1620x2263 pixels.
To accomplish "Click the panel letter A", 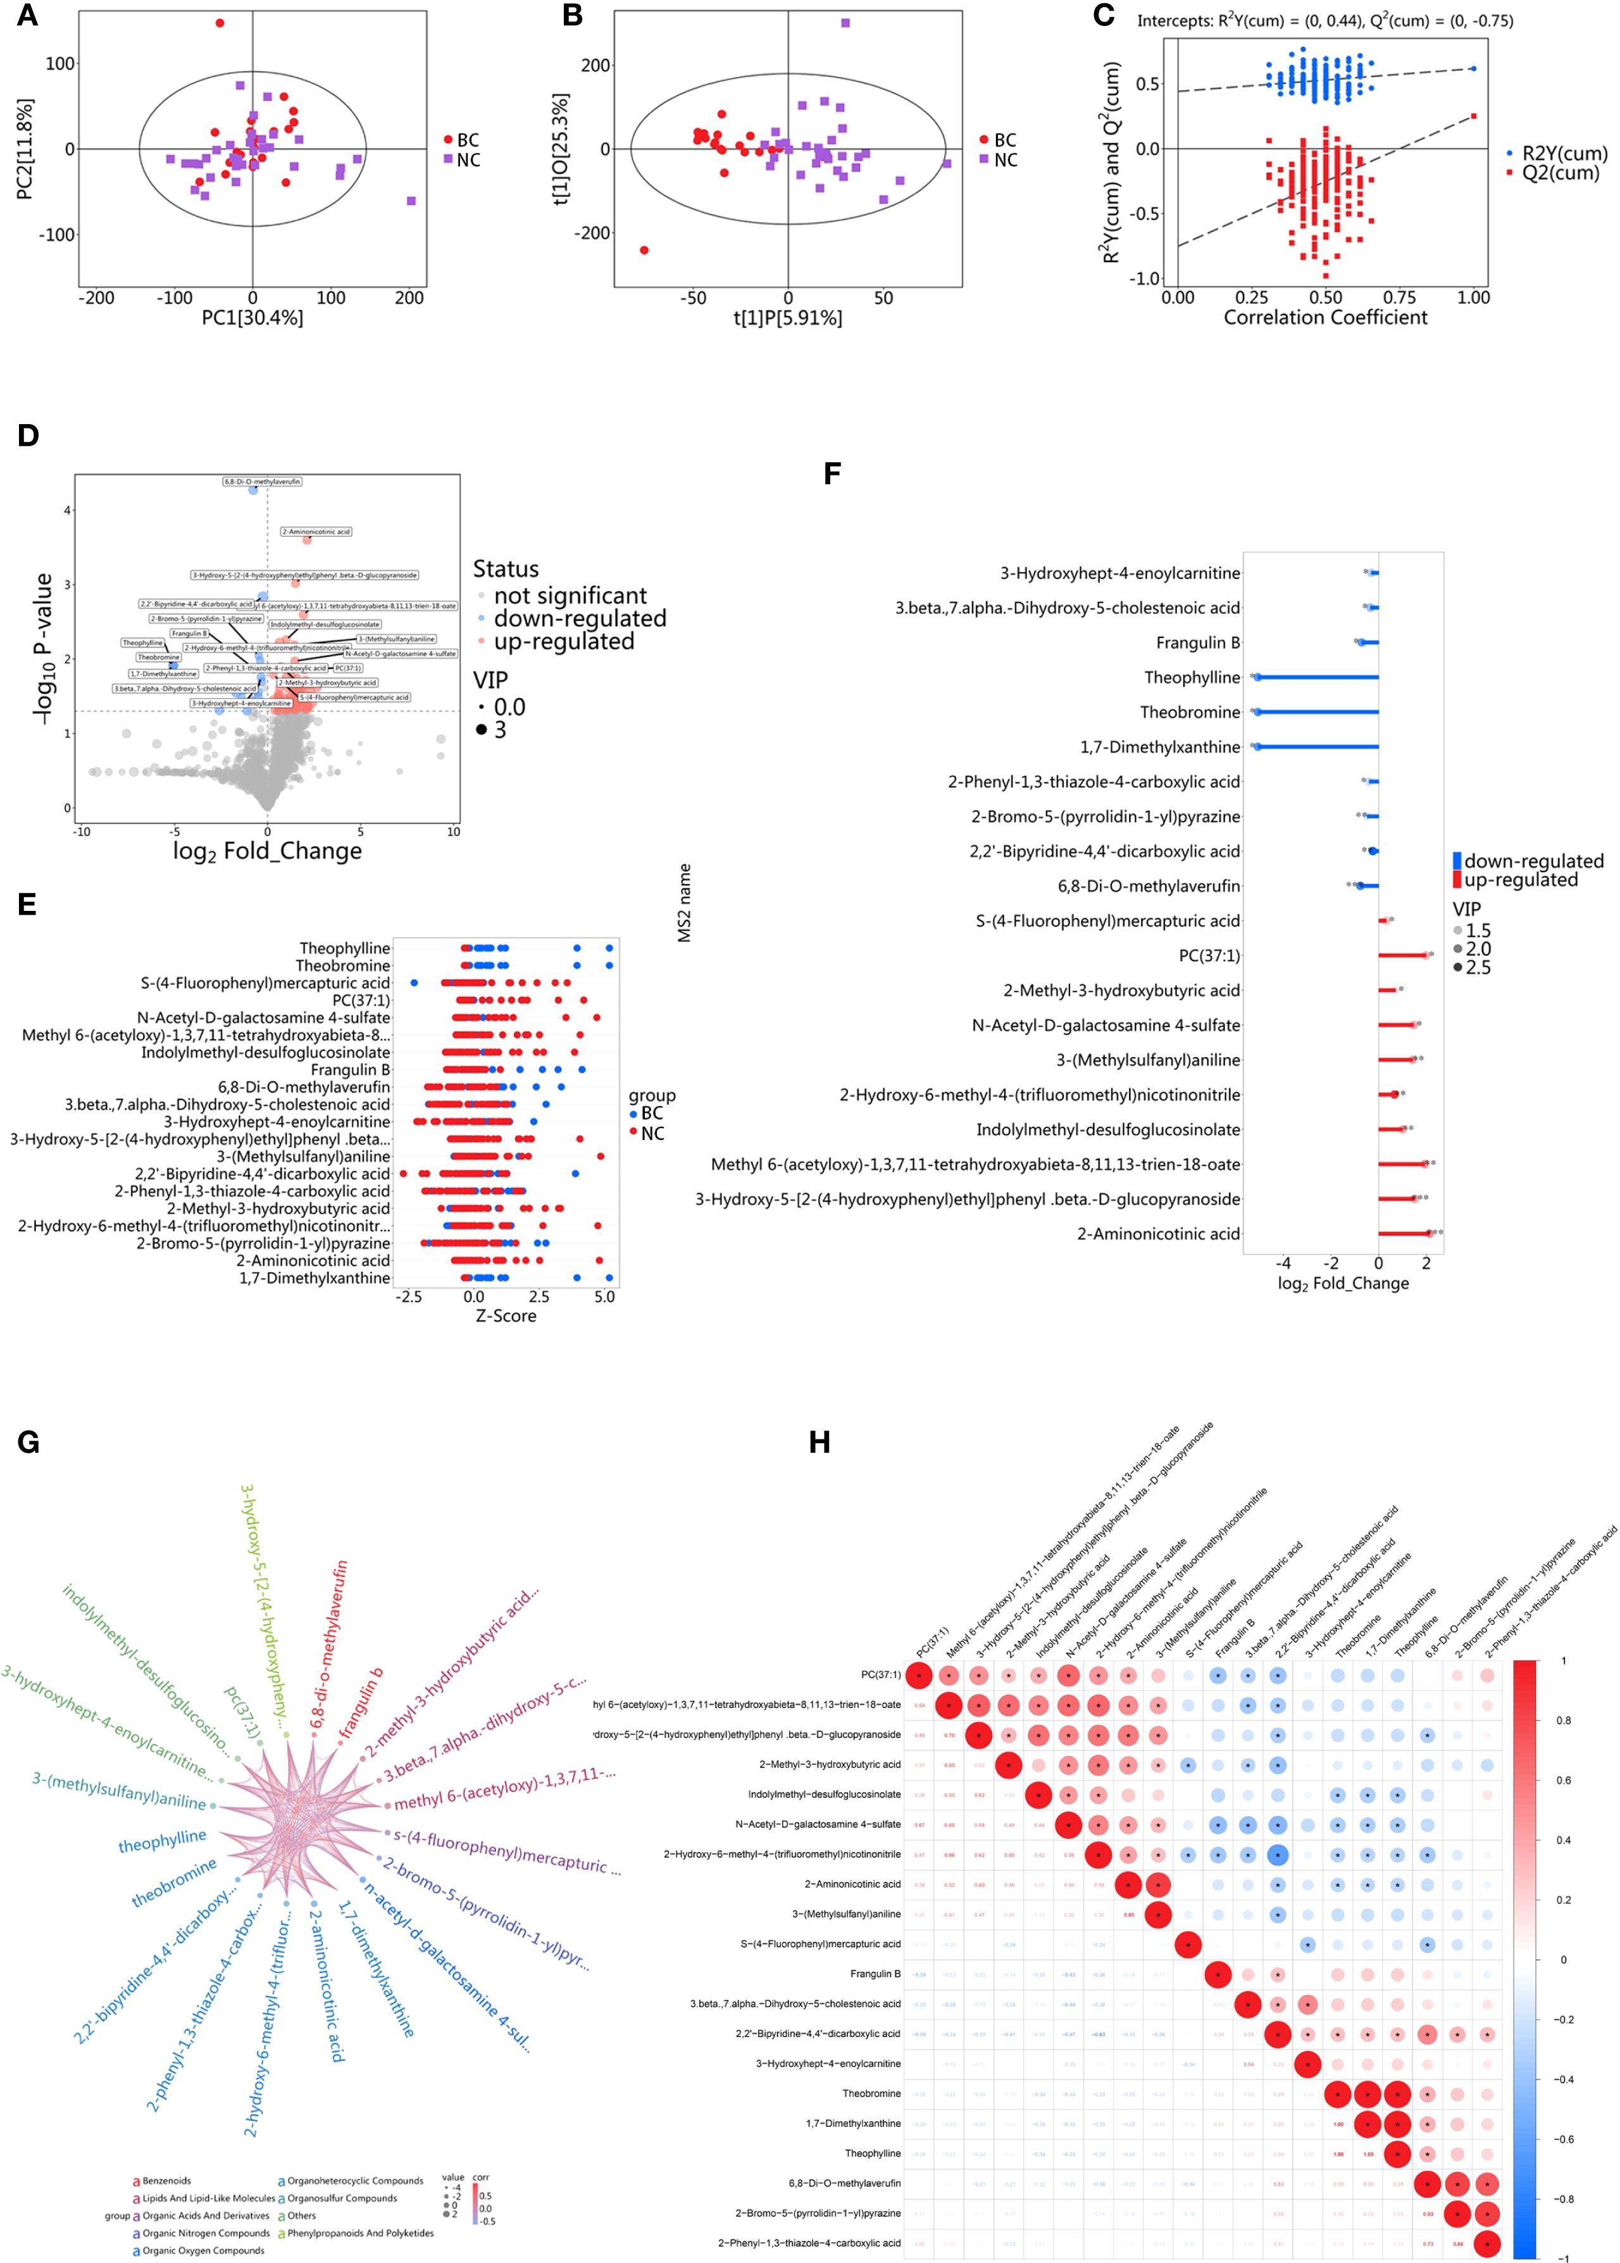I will coord(27,16).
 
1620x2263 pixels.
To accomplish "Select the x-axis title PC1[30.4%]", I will coord(252,317).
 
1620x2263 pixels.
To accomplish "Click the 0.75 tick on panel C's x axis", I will coord(1400,298).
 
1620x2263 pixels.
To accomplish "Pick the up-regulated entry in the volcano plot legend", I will coord(564,642).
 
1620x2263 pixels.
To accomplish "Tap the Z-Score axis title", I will coord(506,1316).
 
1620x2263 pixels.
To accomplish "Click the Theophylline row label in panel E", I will coord(345,948).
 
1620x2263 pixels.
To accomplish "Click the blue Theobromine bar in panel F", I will coord(1317,712).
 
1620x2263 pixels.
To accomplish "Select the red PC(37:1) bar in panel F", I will coord(1402,956).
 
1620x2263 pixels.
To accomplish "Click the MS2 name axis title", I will coord(684,903).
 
